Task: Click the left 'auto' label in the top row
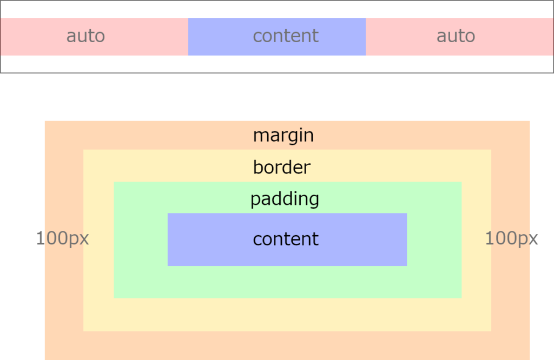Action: click(x=85, y=36)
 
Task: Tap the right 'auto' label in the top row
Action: click(x=456, y=36)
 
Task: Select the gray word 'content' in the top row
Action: click(x=286, y=36)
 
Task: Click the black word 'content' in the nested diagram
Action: click(x=286, y=239)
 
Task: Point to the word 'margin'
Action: click(x=283, y=136)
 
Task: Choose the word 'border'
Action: click(x=281, y=167)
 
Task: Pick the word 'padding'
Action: click(x=285, y=199)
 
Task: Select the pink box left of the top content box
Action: click(x=94, y=37)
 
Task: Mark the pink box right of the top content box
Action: click(x=459, y=37)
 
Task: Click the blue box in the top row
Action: click(x=277, y=37)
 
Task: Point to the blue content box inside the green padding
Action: click(x=287, y=239)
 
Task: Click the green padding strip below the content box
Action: click(x=288, y=282)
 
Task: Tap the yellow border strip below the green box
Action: click(x=287, y=315)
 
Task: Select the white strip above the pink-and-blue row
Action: click(x=277, y=10)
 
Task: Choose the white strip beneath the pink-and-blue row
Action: click(x=277, y=64)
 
